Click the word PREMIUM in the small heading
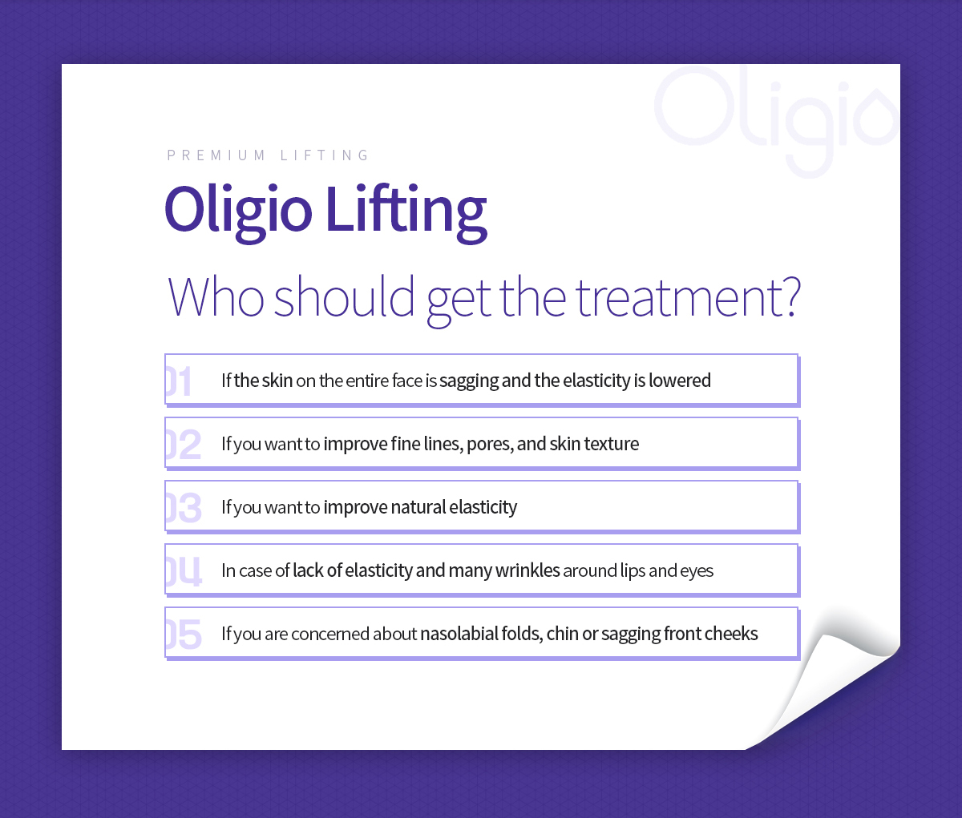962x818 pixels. [216, 155]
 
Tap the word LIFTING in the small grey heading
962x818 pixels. [325, 155]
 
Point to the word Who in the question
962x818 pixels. [216, 296]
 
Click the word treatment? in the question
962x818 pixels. [689, 297]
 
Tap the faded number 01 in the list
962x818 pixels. [179, 381]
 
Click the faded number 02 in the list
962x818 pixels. [184, 445]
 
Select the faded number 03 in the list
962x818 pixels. [184, 508]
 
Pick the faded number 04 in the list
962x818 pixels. [184, 571]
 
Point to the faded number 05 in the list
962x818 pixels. [184, 635]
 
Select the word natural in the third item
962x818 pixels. [418, 507]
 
